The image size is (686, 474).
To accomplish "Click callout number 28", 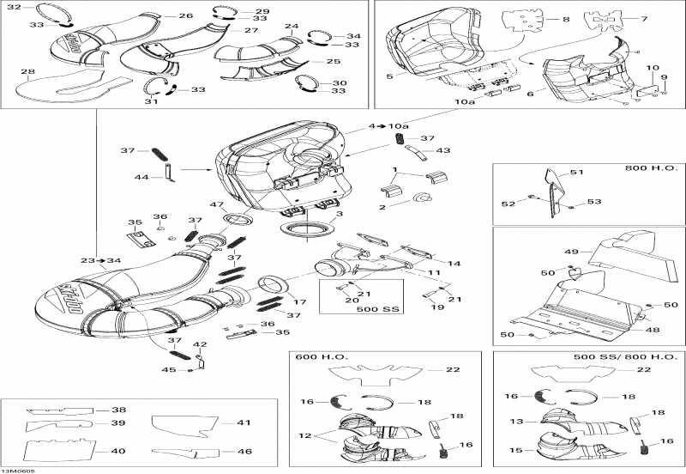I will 27,71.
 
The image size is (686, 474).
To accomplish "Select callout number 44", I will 141,178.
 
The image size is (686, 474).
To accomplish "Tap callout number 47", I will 217,205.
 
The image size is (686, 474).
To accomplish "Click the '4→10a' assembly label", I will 383,126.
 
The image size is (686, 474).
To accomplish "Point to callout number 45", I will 169,370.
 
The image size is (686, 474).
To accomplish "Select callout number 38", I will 117,410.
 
